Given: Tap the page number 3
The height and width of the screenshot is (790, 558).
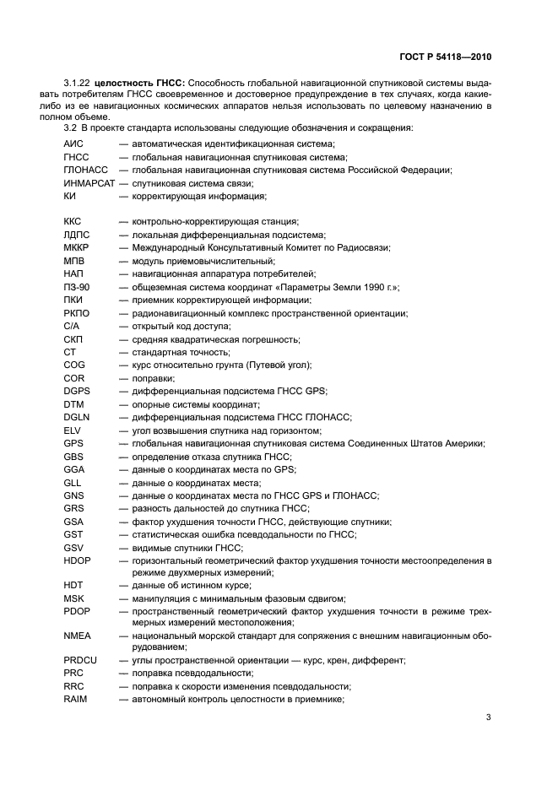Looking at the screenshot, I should click(x=488, y=717).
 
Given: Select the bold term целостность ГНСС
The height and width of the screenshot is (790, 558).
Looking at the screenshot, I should click(x=138, y=83).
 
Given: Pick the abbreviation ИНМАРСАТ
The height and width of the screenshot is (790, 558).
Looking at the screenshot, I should click(x=89, y=183).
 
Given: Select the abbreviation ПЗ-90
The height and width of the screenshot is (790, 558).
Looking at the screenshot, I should click(x=76, y=287).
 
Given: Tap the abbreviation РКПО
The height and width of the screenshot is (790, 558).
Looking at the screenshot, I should click(x=76, y=313).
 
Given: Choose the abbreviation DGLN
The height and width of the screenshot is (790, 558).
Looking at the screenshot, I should click(x=77, y=418).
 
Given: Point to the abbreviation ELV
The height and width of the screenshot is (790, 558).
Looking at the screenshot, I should click(x=73, y=430).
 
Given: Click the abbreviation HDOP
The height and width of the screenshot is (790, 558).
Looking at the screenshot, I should click(x=77, y=560).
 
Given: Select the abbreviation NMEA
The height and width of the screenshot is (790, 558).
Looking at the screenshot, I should click(x=77, y=636).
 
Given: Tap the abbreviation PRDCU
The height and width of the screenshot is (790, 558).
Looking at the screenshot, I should click(x=80, y=660).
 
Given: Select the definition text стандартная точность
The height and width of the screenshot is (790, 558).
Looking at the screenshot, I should click(x=166, y=352).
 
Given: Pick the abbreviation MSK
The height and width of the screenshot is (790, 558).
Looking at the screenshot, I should click(x=74, y=598).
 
